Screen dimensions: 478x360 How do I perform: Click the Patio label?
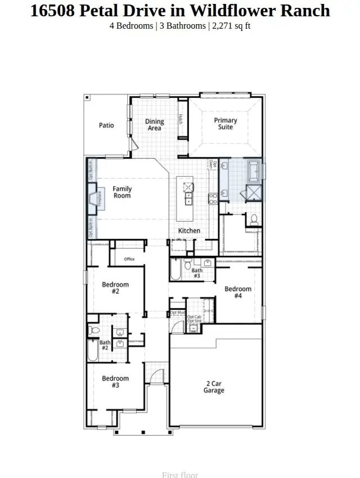(x=106, y=125)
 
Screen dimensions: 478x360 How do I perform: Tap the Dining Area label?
(x=155, y=125)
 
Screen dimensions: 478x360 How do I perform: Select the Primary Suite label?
(x=226, y=124)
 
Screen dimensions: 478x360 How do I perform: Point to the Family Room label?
(x=122, y=192)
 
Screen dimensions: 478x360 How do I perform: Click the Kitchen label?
(x=189, y=231)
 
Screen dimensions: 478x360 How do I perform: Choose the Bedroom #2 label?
(x=115, y=288)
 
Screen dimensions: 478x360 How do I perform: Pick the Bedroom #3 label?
(x=115, y=382)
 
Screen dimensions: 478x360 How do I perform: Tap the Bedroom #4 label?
(x=238, y=292)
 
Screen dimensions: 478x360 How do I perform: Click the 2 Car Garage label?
(x=214, y=387)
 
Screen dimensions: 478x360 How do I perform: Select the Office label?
(x=129, y=259)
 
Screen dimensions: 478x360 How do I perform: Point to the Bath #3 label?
(x=197, y=273)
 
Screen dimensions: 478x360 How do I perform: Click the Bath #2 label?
(x=105, y=345)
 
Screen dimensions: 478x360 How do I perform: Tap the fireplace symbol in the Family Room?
(x=93, y=200)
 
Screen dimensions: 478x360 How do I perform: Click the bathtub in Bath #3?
(x=175, y=270)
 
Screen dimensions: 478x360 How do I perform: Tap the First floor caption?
(x=180, y=475)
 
